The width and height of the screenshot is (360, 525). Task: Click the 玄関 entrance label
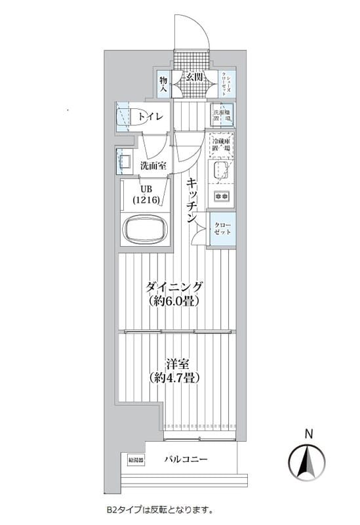pyautogui.click(x=193, y=77)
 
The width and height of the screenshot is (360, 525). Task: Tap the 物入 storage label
pyautogui.click(x=164, y=84)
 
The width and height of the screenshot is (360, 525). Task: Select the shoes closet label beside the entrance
pyautogui.click(x=224, y=84)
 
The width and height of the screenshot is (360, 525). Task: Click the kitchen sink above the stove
pyautogui.click(x=220, y=173)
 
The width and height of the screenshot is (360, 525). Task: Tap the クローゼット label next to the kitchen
pyautogui.click(x=222, y=230)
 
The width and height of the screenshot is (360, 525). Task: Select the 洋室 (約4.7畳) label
pyautogui.click(x=174, y=371)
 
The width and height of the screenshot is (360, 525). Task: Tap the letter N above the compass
pyautogui.click(x=308, y=432)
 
